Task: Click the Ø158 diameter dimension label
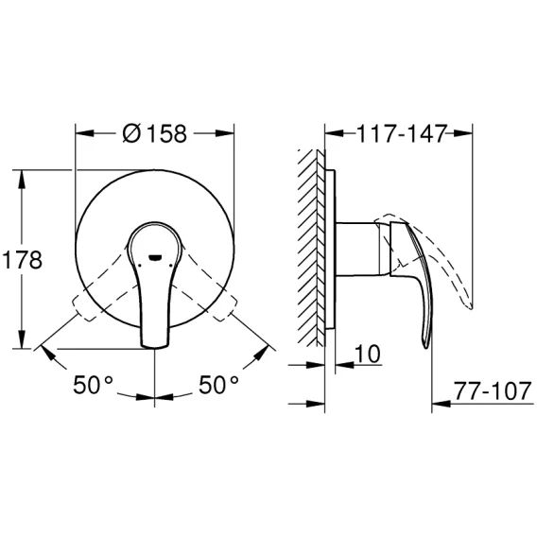155,133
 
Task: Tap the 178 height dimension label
23,260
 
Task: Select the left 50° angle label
93,385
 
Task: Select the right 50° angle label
218,385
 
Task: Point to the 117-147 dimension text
402,133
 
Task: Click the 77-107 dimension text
493,391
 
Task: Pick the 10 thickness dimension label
368,354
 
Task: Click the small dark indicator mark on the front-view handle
155,257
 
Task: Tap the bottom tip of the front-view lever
154,347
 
